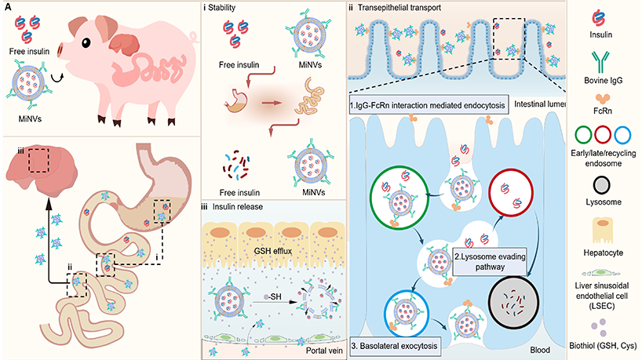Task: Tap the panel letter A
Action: tap(7, 6)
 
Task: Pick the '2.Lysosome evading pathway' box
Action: tap(480, 261)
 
